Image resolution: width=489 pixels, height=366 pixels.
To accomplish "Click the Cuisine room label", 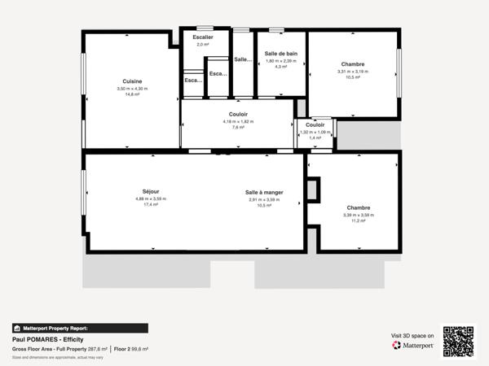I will pos(132,81).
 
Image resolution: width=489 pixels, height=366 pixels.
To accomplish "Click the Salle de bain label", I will pos(281,54).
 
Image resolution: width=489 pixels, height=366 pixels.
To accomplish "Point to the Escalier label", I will pos(203,37).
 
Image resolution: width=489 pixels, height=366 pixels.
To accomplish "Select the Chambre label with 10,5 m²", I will pos(353,64).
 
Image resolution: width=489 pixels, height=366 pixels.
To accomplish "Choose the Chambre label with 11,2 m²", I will pos(359,207).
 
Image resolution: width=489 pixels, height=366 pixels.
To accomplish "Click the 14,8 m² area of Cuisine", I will pos(132,94).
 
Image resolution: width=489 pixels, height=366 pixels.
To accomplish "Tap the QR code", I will pos(458,341).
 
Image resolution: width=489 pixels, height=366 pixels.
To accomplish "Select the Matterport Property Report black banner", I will pos(80,328).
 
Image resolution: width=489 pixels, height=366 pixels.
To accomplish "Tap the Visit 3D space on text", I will pos(412,334).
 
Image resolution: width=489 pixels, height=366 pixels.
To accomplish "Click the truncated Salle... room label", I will pos(243,59).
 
